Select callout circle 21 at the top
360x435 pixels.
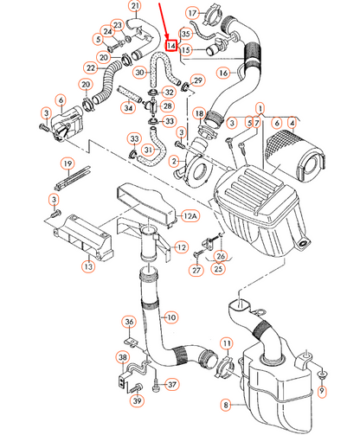[x=134, y=7]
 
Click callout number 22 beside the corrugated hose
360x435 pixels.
[x=90, y=67]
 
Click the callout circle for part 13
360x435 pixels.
[x=88, y=268]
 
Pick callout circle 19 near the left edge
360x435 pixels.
[x=66, y=163]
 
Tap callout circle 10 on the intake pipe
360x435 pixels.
[x=170, y=317]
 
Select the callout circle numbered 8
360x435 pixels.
[x=226, y=405]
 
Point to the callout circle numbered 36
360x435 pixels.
[x=129, y=323]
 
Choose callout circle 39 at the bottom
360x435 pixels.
[x=137, y=400]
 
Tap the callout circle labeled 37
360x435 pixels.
[x=171, y=385]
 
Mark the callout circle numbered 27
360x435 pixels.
[x=196, y=271]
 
